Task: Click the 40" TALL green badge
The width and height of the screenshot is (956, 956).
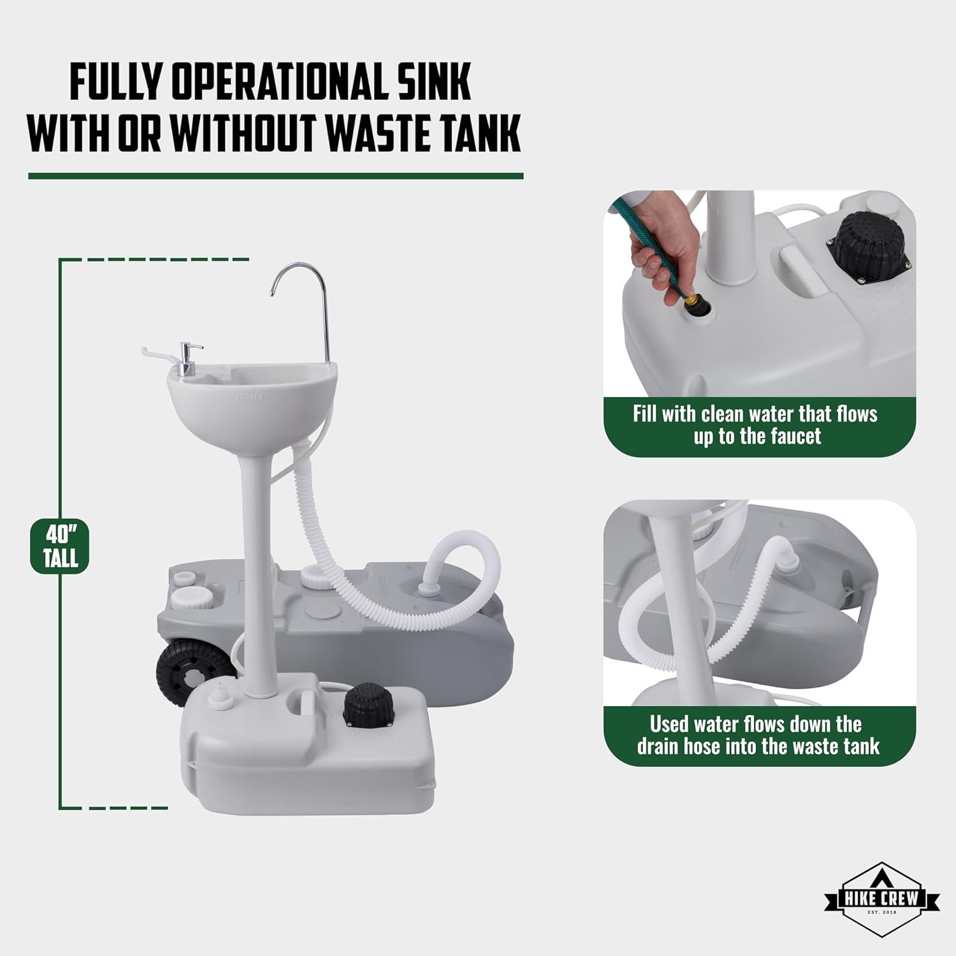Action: (x=60, y=546)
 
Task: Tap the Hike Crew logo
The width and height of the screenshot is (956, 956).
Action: (x=881, y=899)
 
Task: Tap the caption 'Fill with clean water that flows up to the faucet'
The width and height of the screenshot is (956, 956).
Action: (x=755, y=425)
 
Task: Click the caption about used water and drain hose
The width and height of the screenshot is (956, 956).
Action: (x=758, y=735)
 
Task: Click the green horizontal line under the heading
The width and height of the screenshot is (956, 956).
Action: (x=275, y=176)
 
